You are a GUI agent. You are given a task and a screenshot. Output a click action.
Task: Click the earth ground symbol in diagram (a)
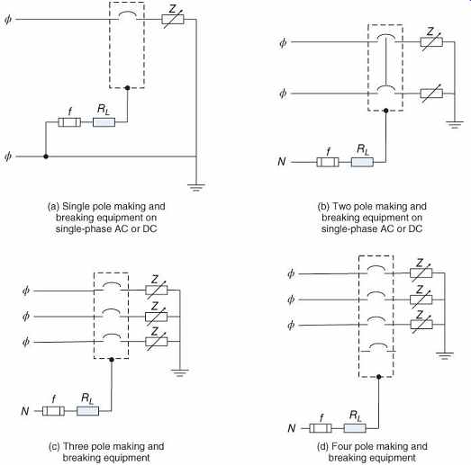point(196,187)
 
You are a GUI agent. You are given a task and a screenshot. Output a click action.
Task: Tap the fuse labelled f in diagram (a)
point(69,122)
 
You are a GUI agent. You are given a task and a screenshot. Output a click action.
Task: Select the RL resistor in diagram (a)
point(104,122)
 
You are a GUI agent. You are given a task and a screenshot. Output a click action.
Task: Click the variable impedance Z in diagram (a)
point(173,20)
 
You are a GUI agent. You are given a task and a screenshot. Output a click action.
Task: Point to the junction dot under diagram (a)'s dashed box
point(127,88)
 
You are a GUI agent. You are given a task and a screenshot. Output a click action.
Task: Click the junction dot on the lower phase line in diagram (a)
point(46,156)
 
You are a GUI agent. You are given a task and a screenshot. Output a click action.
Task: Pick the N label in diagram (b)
point(282,162)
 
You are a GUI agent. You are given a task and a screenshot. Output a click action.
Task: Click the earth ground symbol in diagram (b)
point(455,124)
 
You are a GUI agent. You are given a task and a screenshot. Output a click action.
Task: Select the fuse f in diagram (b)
point(328,162)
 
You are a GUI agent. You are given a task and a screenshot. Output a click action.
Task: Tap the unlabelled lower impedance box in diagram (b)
point(431,94)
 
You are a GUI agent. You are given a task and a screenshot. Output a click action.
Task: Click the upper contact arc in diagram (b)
point(386,39)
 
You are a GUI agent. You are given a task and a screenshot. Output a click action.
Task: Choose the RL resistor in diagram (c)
point(87,411)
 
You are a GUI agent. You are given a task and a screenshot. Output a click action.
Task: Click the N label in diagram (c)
point(25,411)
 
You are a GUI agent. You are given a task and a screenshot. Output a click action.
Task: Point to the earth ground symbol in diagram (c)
point(179,373)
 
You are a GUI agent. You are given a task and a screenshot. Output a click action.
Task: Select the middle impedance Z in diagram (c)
point(156,317)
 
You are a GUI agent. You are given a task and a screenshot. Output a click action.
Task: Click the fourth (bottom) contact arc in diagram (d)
point(377,347)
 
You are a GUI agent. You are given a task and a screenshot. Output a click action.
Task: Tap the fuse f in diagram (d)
point(321,428)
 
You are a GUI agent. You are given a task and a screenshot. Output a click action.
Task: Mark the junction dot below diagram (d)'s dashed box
point(379,377)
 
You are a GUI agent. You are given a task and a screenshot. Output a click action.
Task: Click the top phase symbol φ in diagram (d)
point(291,273)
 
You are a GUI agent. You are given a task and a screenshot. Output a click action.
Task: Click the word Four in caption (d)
point(341,446)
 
